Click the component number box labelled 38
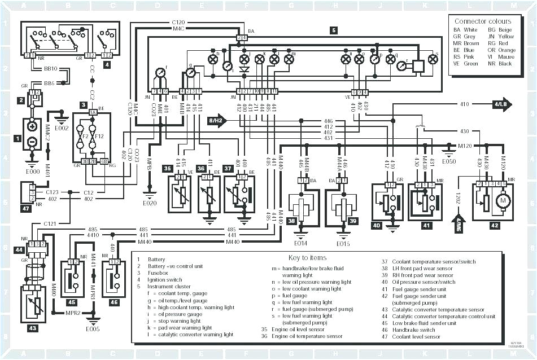pos(291,222)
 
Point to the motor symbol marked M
pos(501,201)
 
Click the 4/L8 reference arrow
pos(501,104)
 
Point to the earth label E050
pos(449,161)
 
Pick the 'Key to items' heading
pos(307,257)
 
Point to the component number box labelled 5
pos(334,30)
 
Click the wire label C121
pos(51,223)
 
